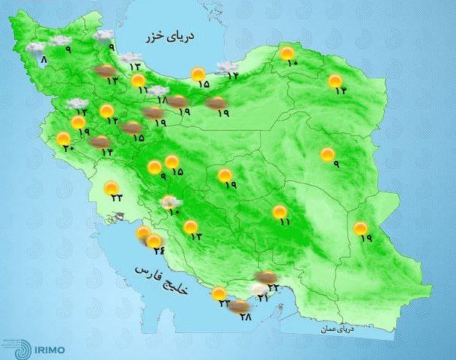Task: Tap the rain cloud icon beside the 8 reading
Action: (x=34, y=48)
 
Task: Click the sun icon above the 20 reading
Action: (x=63, y=138)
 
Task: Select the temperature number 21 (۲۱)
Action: (x=263, y=299)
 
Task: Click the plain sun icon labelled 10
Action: (x=287, y=52)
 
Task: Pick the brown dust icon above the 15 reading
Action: (x=130, y=126)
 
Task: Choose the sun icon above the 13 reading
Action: (x=191, y=226)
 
